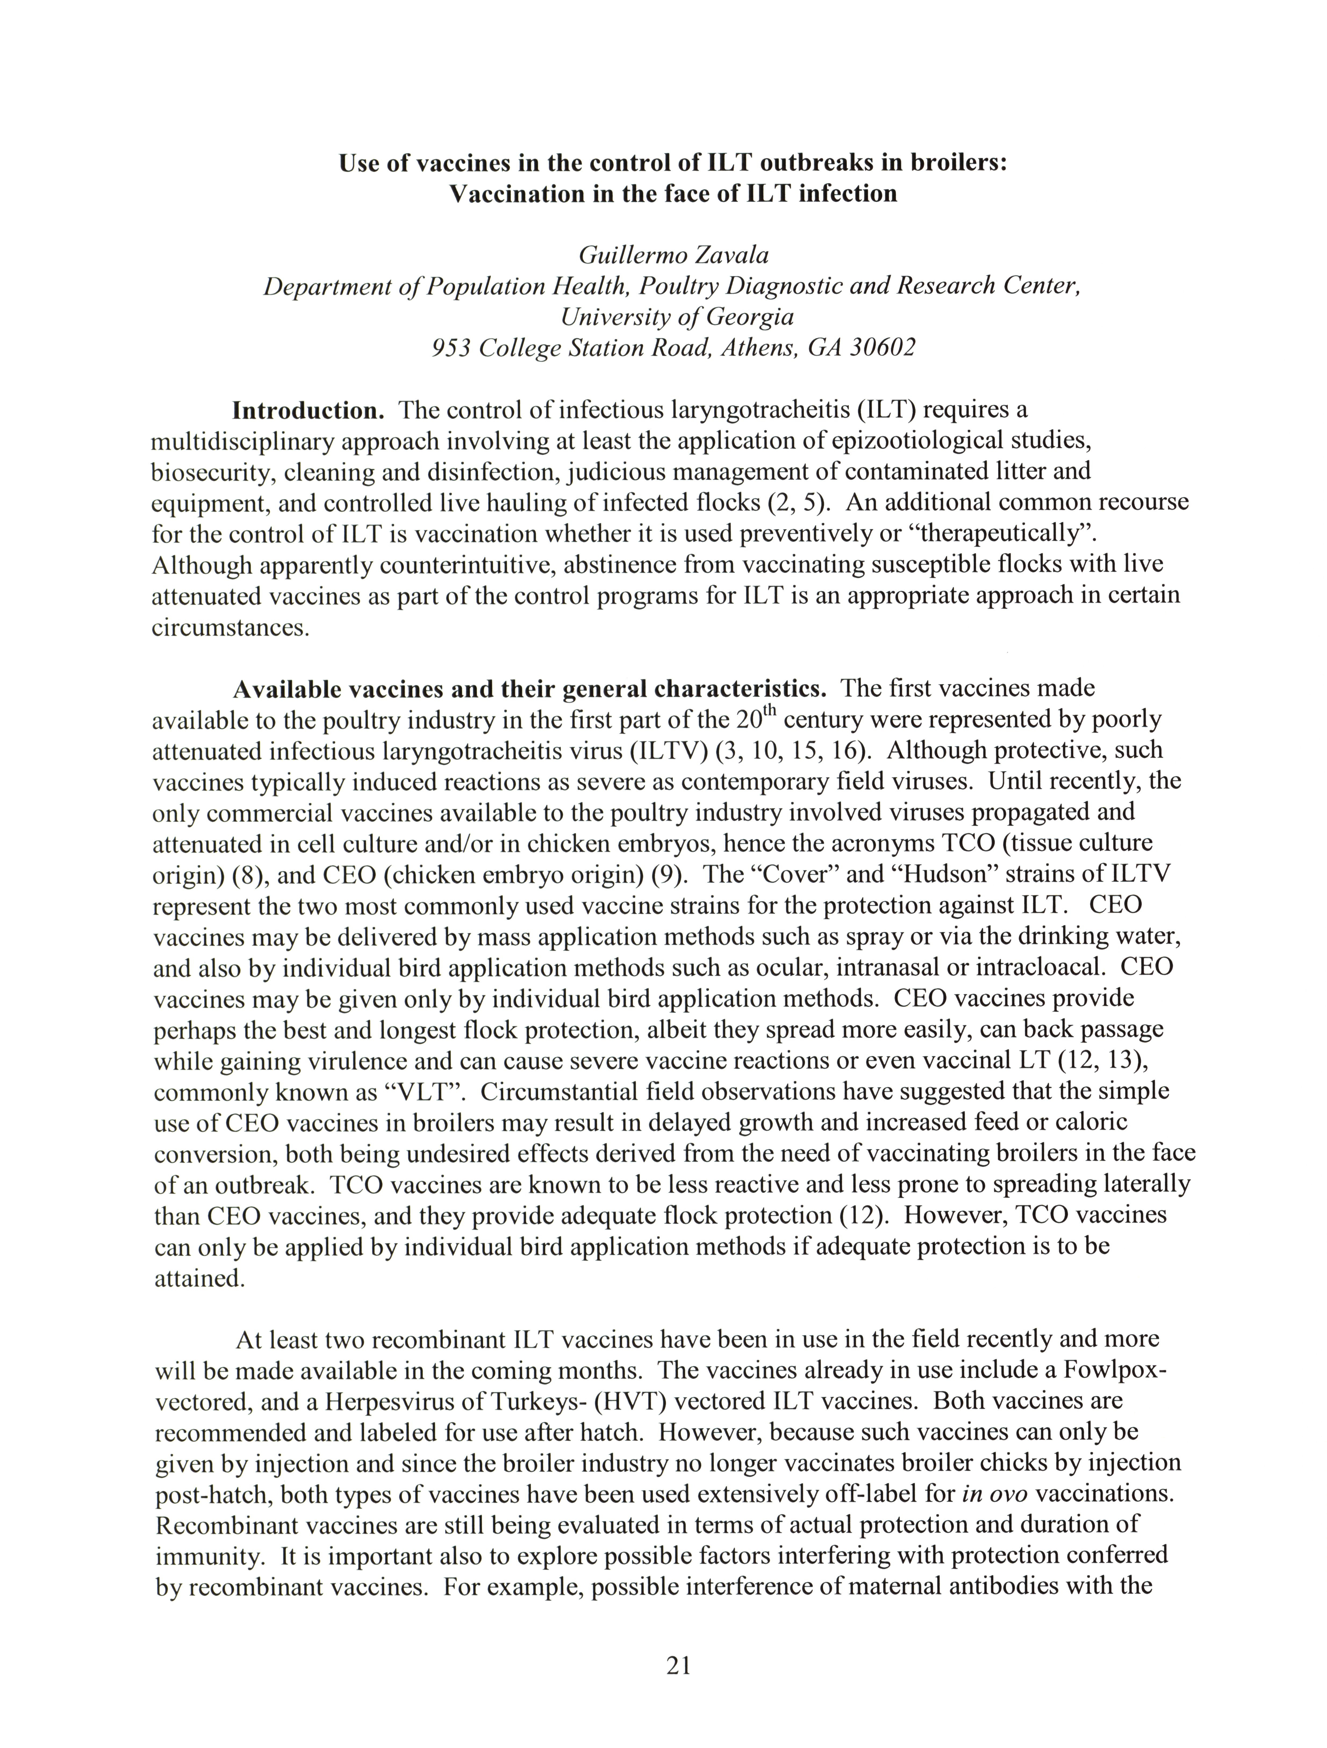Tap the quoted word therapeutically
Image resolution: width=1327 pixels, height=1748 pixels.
(x=1003, y=534)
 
